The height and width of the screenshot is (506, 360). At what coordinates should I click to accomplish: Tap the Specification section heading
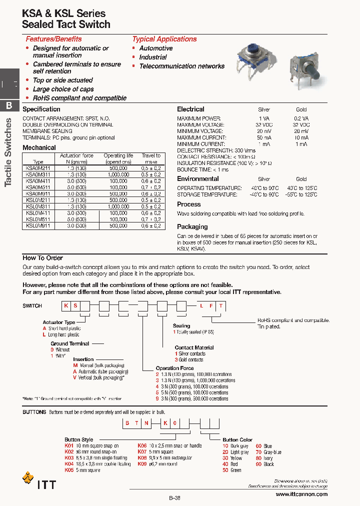pos(41,109)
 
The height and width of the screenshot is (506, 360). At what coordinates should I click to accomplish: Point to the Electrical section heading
pos(190,109)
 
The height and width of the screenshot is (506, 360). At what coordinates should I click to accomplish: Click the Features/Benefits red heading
pos(53,39)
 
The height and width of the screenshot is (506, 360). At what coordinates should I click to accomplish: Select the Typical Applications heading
pos(164,39)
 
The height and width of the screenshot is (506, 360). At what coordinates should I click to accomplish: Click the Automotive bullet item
pos(156,48)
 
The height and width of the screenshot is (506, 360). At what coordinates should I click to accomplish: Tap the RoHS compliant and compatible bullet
pos(79,98)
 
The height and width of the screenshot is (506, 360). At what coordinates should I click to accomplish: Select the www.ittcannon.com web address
pos(301,494)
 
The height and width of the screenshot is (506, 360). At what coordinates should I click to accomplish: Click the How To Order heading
pos(42,258)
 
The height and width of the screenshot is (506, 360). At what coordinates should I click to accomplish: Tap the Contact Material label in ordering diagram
pos(194,347)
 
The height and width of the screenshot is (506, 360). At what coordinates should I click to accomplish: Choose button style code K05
pos(69,470)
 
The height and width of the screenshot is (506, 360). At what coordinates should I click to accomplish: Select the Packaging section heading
pos(192,226)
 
